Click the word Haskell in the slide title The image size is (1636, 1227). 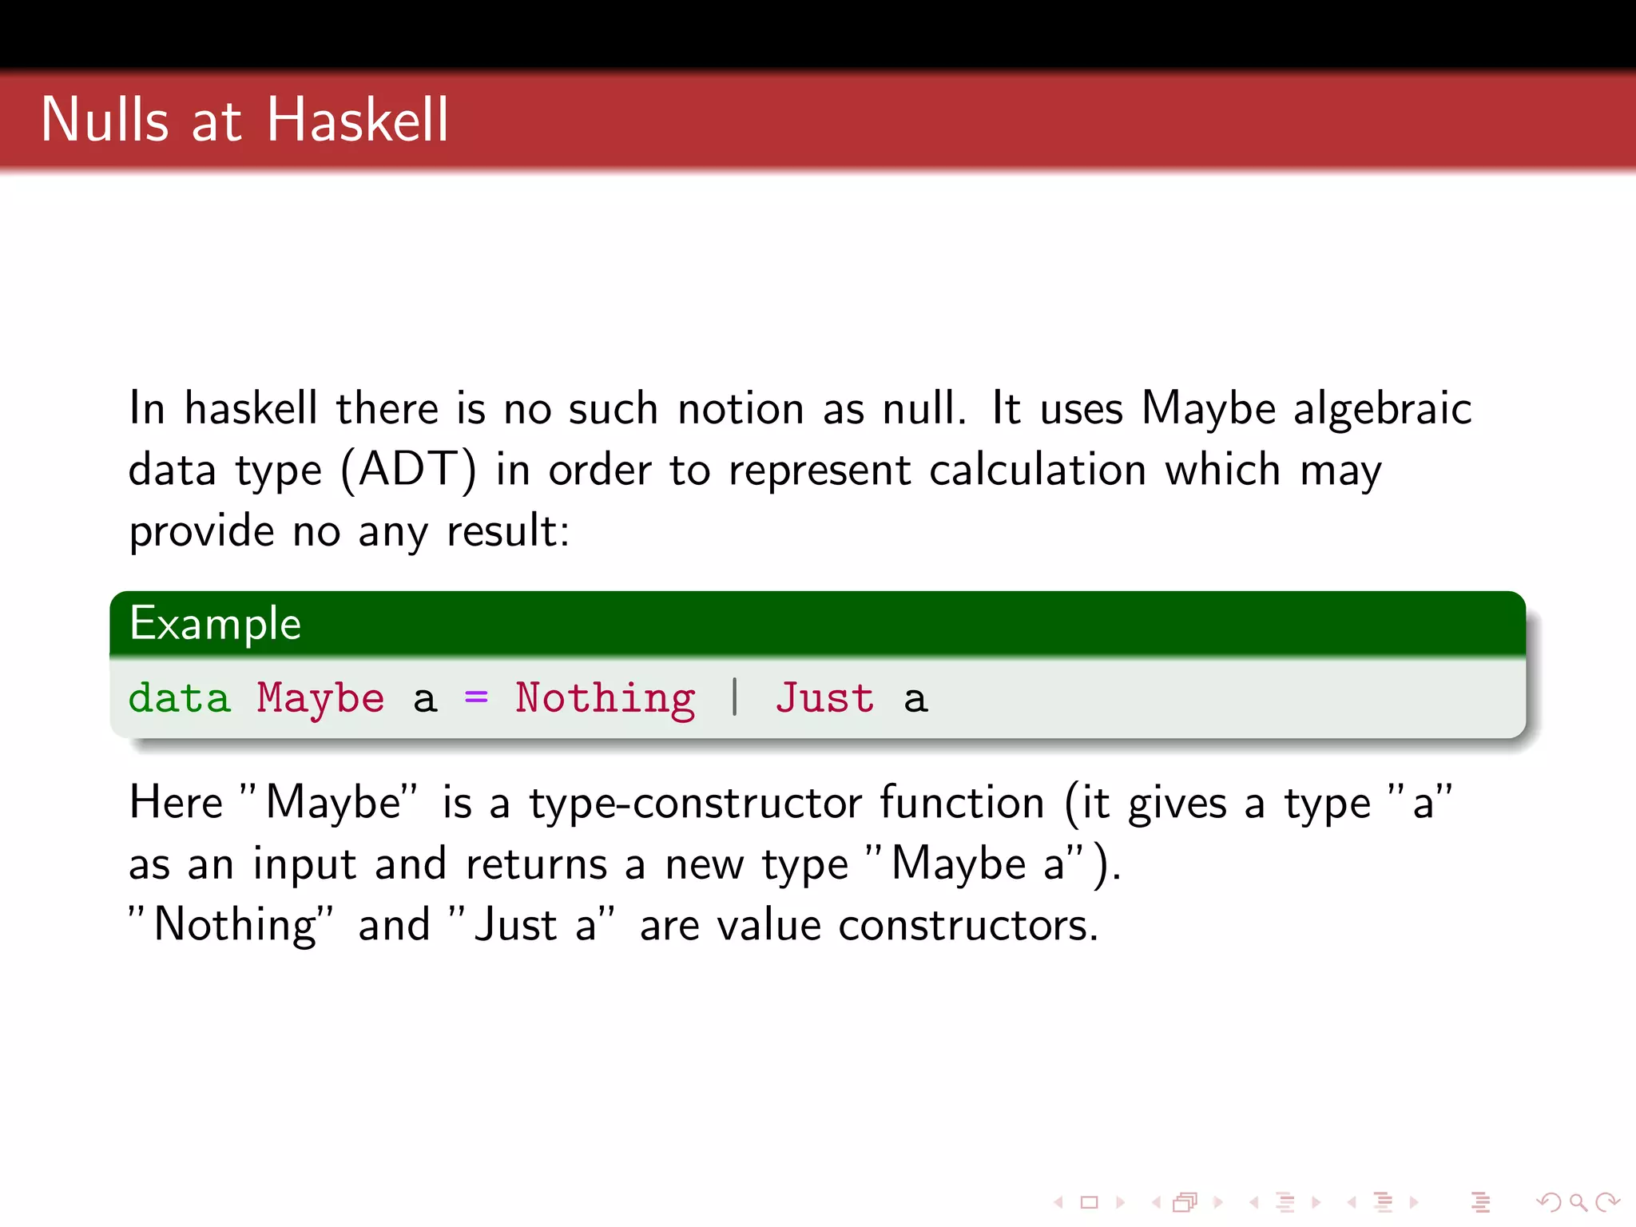point(357,120)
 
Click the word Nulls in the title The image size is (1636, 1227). point(105,120)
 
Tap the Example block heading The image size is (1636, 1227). point(215,624)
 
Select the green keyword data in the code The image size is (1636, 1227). point(179,698)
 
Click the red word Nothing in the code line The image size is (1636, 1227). point(605,698)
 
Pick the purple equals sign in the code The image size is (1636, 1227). point(476,698)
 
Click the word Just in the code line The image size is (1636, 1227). point(824,698)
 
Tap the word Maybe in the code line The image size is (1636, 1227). point(320,698)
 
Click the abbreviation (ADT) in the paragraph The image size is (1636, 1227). point(408,470)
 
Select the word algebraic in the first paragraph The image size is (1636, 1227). point(1382,408)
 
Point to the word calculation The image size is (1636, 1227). point(1038,470)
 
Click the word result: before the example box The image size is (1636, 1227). point(508,531)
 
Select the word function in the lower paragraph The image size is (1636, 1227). point(962,803)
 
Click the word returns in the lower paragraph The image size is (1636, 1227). point(537,864)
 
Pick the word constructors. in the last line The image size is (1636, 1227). point(968,926)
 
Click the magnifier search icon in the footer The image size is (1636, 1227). point(1578,1201)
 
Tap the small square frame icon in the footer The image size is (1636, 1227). point(1089,1201)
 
